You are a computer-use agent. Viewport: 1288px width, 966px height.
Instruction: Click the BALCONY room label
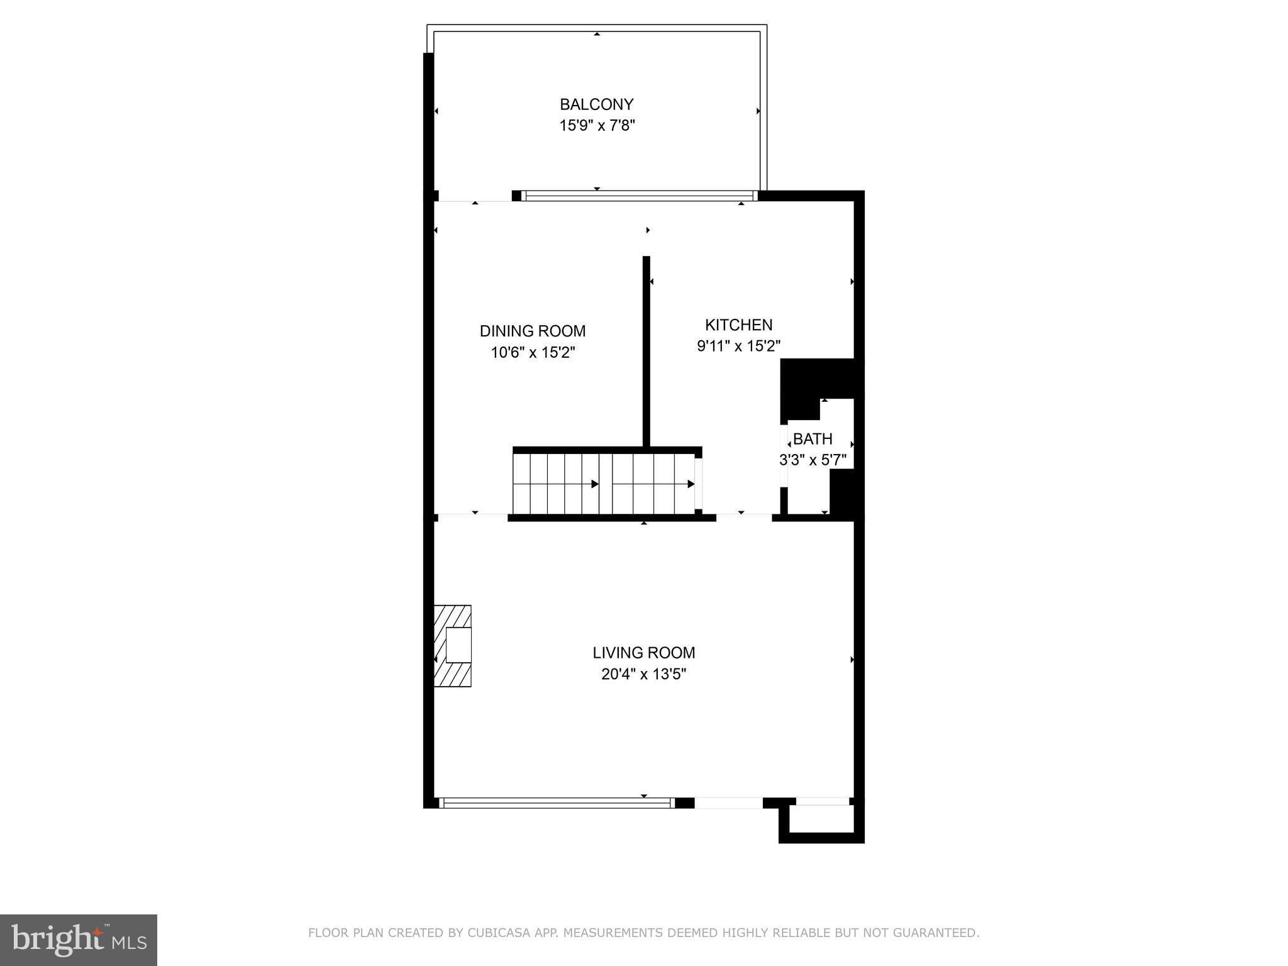pyautogui.click(x=596, y=104)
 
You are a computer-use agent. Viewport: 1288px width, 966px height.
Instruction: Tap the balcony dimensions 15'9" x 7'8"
pyautogui.click(x=597, y=126)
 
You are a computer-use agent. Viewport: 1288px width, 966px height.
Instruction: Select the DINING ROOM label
pyautogui.click(x=532, y=331)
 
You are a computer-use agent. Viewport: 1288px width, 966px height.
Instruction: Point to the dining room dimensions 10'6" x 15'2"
pyautogui.click(x=533, y=353)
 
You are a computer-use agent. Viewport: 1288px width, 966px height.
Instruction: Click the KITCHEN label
pyautogui.click(x=738, y=325)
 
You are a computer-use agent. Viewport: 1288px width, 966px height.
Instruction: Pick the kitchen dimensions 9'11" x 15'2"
pyautogui.click(x=738, y=346)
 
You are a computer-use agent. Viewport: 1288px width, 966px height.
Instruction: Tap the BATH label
pyautogui.click(x=813, y=439)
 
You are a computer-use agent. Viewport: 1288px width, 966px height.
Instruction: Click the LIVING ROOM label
pyautogui.click(x=643, y=653)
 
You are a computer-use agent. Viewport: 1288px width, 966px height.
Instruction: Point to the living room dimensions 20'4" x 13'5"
pyautogui.click(x=643, y=675)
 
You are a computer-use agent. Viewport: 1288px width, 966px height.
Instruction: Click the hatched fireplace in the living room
pyautogui.click(x=453, y=645)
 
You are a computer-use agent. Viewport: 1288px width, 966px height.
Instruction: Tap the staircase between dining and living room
pyautogui.click(x=604, y=483)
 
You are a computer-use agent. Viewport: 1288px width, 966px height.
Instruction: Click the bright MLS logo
pyautogui.click(x=78, y=940)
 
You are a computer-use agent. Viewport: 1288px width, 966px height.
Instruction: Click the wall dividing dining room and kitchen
pyautogui.click(x=646, y=352)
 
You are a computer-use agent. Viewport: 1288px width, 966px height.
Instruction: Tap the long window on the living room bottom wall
pyautogui.click(x=557, y=802)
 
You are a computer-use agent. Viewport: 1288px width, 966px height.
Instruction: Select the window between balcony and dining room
pyautogui.click(x=638, y=196)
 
